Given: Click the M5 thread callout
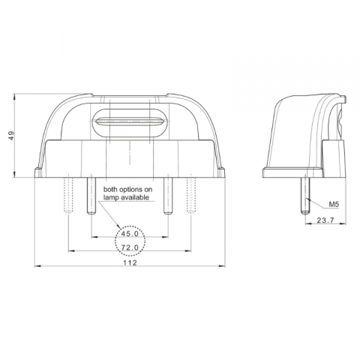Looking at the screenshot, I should click(334, 203).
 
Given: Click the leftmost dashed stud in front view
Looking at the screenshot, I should click(68, 193).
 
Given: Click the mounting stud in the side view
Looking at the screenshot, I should click(307, 193).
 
